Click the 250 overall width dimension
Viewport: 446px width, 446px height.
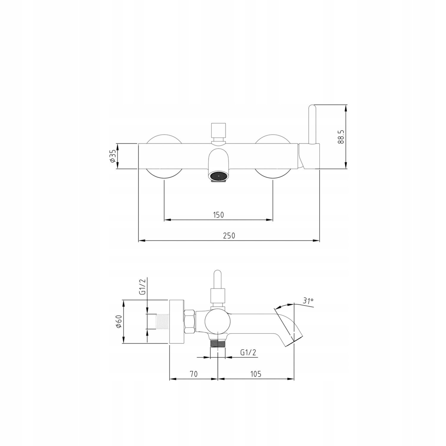coord(229,235)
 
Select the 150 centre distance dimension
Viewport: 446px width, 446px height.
coord(218,215)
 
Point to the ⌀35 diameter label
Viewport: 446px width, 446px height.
coord(112,156)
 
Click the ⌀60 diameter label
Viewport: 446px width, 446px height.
coord(119,321)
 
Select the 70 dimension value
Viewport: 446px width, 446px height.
coord(194,374)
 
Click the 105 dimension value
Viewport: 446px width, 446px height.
coord(255,374)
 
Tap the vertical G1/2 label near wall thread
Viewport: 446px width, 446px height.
coord(143,288)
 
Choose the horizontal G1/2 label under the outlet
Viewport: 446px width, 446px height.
coord(248,353)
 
